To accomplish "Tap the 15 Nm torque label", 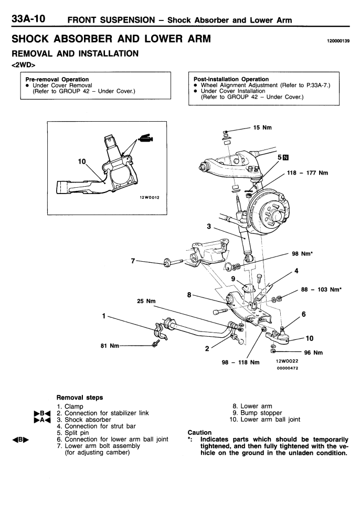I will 264,127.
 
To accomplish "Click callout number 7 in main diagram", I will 133,261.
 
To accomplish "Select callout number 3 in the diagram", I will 209,227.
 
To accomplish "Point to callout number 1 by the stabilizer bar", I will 104,316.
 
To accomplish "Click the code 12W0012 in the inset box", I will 149,197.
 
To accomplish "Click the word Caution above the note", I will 199,433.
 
